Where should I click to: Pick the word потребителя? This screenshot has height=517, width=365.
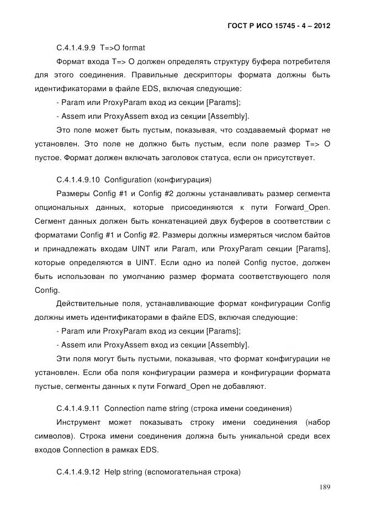[306, 61]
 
